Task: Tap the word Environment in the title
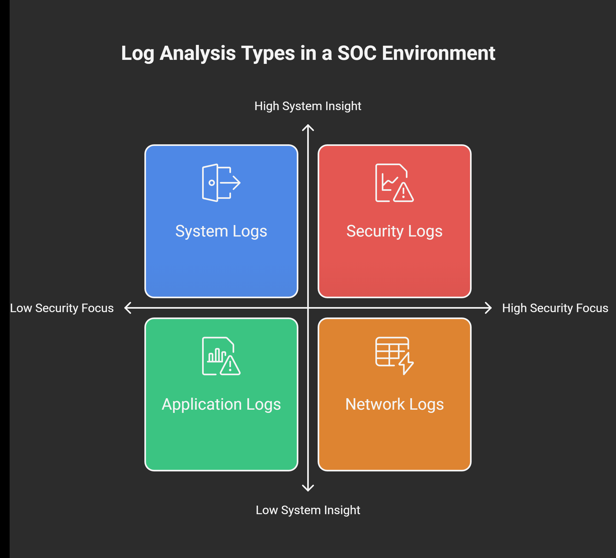click(x=438, y=53)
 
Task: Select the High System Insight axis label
click(x=308, y=106)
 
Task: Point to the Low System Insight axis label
click(x=308, y=510)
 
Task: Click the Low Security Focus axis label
click(x=62, y=308)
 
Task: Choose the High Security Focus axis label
click(x=555, y=308)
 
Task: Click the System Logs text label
click(x=221, y=231)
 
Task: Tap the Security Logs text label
click(x=394, y=231)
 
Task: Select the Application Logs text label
click(x=221, y=404)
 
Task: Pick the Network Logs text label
click(x=394, y=404)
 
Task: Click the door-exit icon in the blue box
click(x=221, y=183)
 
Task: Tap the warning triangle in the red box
click(x=403, y=192)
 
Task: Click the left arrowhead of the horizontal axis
click(x=128, y=308)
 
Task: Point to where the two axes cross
click(x=308, y=308)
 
